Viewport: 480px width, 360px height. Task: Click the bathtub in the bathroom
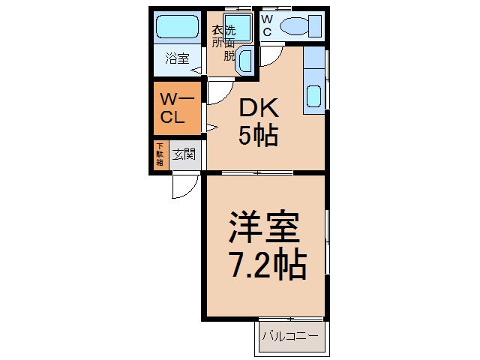click(177, 27)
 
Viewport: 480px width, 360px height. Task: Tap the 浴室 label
click(177, 58)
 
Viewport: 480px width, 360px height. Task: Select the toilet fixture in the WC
click(301, 25)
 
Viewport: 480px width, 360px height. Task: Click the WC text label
click(267, 25)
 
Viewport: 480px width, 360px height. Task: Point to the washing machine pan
click(238, 27)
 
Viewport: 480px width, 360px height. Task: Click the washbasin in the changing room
click(244, 59)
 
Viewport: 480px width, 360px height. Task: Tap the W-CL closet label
click(177, 108)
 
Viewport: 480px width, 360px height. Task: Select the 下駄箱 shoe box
click(160, 154)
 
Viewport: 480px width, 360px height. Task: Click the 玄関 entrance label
click(184, 154)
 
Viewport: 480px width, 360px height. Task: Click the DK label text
click(259, 108)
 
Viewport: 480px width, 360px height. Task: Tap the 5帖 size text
click(259, 135)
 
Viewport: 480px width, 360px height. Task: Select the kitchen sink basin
click(313, 96)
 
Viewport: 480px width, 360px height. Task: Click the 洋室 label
click(264, 226)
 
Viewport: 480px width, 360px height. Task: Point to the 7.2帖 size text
click(268, 265)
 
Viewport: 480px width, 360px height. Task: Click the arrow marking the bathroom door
click(196, 70)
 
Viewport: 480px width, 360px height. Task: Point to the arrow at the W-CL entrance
click(211, 127)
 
